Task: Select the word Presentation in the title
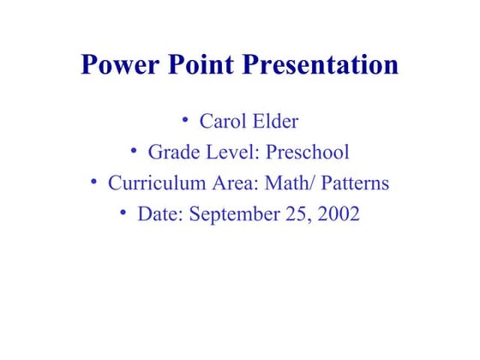pos(322,67)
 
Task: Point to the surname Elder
pos(275,122)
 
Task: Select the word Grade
pos(172,153)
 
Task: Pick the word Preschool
pos(308,153)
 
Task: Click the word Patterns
pos(356,183)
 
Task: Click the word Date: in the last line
pos(159,214)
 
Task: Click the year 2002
pos(339,214)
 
